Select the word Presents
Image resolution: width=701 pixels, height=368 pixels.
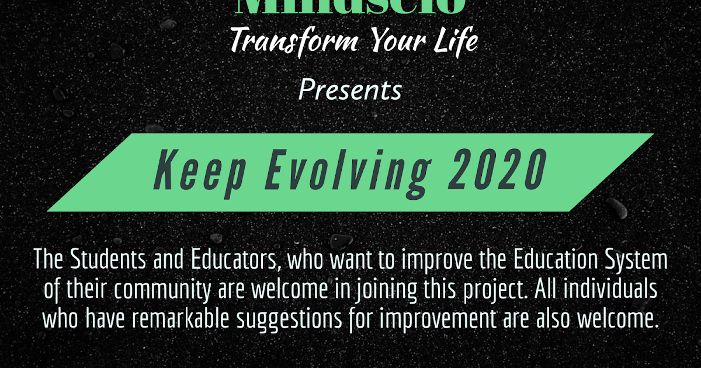point(350,91)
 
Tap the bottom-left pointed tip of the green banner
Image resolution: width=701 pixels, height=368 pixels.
point(48,210)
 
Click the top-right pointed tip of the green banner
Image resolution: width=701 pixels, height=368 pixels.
point(653,134)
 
